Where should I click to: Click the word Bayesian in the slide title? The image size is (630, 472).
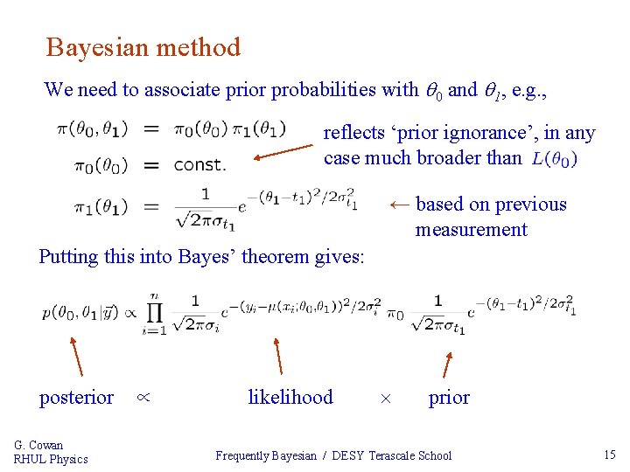point(97,47)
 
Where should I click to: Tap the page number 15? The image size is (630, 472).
point(610,455)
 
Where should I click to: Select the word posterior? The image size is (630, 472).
point(76,398)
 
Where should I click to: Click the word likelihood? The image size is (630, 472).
point(290,398)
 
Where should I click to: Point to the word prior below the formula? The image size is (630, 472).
point(449,398)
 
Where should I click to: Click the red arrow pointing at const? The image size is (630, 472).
point(283,153)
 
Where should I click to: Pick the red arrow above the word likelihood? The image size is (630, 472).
point(277,356)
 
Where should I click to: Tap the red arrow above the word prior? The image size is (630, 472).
point(448,364)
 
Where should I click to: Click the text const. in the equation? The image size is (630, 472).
point(199,164)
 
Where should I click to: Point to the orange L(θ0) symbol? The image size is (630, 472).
point(554,159)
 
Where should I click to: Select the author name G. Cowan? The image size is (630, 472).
point(38,445)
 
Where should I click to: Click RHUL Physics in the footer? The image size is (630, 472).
point(51,459)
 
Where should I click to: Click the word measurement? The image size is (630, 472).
point(471,230)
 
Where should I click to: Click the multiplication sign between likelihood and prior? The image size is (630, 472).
point(386,399)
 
